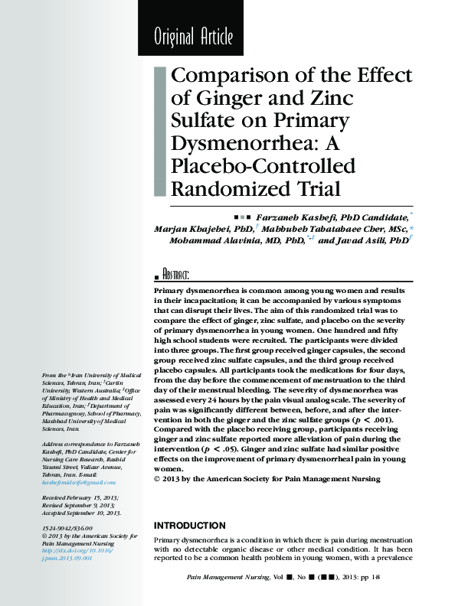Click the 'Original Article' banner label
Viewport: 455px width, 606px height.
pyautogui.click(x=193, y=36)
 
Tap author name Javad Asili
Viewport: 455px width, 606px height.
pyautogui.click(x=362, y=240)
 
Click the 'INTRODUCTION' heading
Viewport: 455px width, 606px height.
pyautogui.click(x=190, y=526)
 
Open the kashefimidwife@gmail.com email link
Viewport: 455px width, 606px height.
pyautogui.click(x=80, y=483)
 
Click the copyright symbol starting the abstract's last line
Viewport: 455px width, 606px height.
pyautogui.click(x=158, y=480)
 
